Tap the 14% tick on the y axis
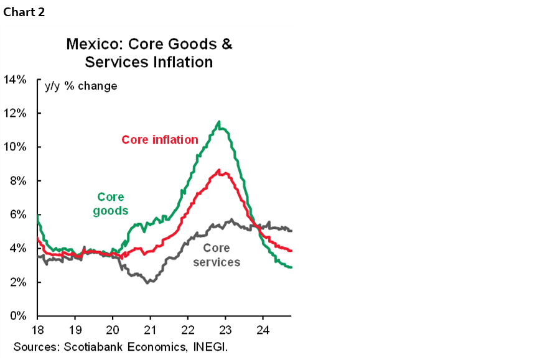(14, 80)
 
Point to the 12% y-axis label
(14, 113)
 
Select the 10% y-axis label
(14, 147)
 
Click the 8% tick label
(17, 181)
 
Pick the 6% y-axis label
(17, 215)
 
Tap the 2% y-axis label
(17, 282)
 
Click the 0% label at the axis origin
(17, 316)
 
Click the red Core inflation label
(160, 139)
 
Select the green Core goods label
(111, 204)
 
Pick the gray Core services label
(217, 255)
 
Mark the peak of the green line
(218, 122)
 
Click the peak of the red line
(218, 170)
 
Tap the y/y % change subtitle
(81, 86)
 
